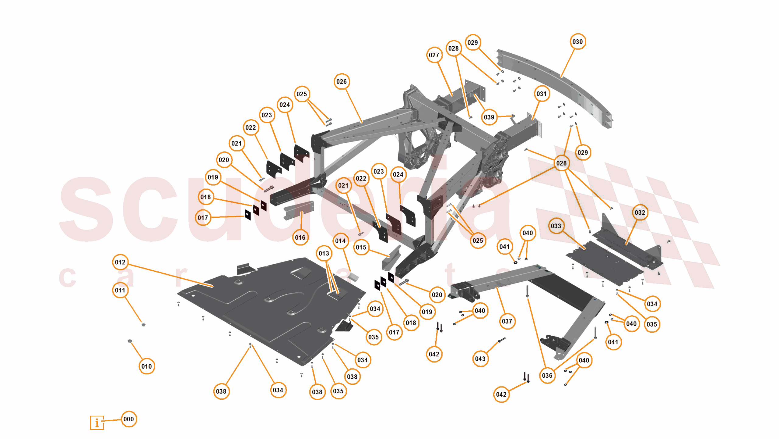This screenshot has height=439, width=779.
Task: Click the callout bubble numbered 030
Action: (x=577, y=42)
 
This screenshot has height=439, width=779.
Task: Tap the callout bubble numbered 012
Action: (x=120, y=262)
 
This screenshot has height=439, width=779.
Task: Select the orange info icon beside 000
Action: (x=97, y=423)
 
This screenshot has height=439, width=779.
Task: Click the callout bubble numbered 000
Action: (x=128, y=419)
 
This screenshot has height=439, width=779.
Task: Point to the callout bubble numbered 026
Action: (x=341, y=82)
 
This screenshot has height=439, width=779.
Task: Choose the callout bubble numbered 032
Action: (x=640, y=212)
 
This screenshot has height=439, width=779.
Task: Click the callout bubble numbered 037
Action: (x=507, y=321)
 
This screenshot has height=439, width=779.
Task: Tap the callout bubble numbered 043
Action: (x=480, y=359)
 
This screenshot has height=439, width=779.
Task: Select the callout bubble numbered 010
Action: (x=146, y=366)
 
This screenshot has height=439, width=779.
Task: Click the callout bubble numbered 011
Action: (x=120, y=290)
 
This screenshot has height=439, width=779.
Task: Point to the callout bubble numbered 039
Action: (x=489, y=117)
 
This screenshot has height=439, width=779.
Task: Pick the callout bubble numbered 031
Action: (x=541, y=94)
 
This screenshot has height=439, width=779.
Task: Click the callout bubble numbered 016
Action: (x=300, y=237)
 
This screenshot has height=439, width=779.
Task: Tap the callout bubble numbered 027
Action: (x=434, y=55)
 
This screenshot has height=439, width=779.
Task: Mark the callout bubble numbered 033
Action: (x=556, y=226)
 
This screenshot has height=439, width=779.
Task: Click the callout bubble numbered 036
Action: (x=547, y=376)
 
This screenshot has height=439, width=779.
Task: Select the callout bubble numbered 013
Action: (x=324, y=253)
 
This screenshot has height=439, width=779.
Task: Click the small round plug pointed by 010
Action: (x=130, y=341)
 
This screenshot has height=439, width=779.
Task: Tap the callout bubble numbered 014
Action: (x=340, y=241)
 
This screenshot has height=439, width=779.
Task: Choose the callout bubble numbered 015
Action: (x=361, y=247)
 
